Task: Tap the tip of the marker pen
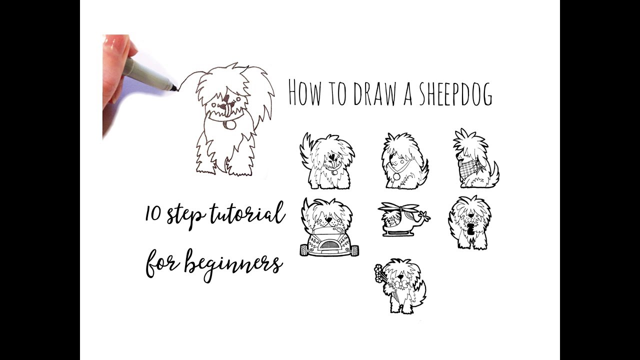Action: click(x=176, y=90)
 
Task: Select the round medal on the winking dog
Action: click(x=397, y=176)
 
